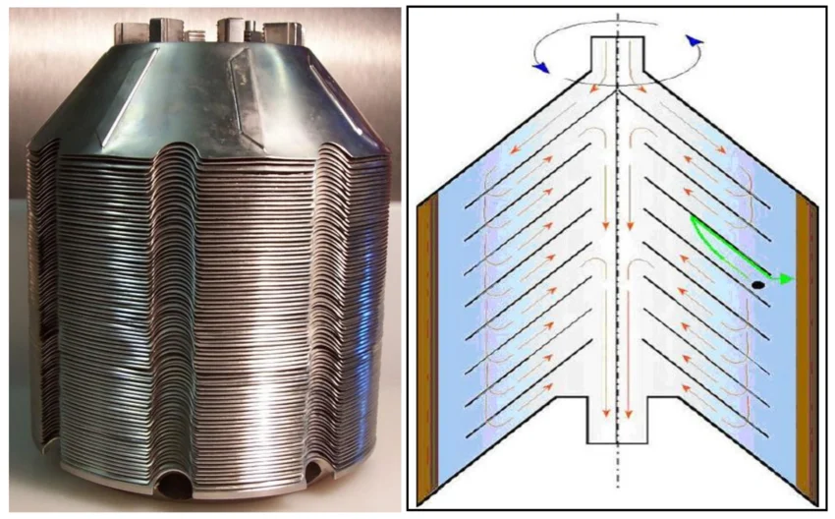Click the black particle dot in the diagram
(758, 286)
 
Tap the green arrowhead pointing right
(785, 279)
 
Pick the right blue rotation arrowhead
(696, 40)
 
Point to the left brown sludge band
(428, 344)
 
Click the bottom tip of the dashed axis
(617, 485)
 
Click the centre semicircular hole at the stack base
(176, 483)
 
